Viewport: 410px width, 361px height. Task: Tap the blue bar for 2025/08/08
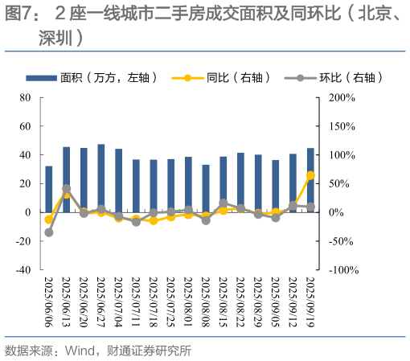tap(206, 188)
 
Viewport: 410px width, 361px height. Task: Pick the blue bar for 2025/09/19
tap(310, 179)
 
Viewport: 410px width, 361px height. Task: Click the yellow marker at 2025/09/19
tap(310, 175)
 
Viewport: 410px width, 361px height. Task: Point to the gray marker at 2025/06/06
tap(49, 232)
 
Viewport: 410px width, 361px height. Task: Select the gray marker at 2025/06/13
tap(66, 189)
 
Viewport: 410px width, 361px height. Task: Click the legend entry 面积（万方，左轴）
tap(105, 78)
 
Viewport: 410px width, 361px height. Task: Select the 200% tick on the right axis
tap(340, 97)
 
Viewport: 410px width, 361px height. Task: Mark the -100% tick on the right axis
tap(342, 270)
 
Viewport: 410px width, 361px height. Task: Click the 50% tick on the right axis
tap(338, 183)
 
